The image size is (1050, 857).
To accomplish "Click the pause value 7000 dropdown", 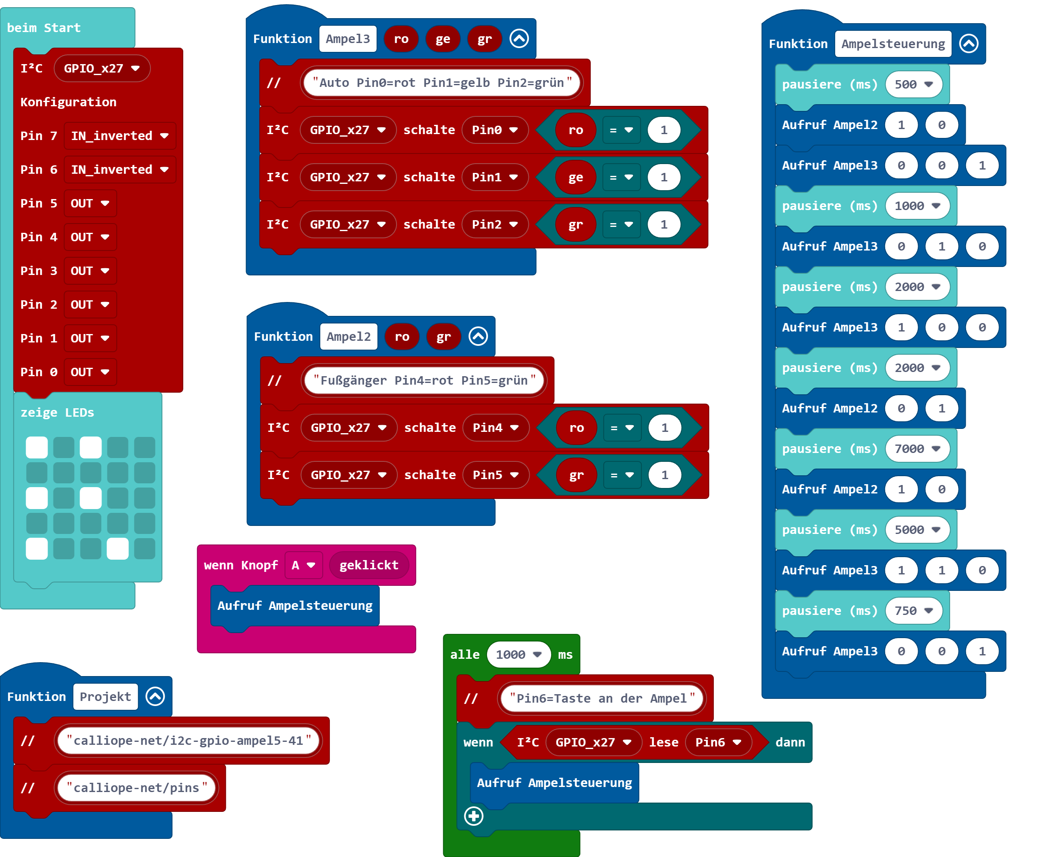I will (917, 449).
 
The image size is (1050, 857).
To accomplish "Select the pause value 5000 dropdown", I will (917, 530).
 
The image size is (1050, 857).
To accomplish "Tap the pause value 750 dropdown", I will (913, 611).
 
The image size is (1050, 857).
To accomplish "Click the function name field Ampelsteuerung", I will (893, 44).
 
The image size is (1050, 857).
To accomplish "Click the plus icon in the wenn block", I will (474, 816).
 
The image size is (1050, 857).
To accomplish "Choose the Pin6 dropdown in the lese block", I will (718, 742).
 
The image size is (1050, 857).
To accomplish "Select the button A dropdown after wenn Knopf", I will (303, 565).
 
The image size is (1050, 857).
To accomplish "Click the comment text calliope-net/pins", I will (137, 788).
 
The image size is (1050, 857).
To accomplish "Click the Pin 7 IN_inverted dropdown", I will (119, 136).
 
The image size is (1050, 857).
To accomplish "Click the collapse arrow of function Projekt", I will (155, 697).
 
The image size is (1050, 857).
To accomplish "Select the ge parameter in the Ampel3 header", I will (442, 39).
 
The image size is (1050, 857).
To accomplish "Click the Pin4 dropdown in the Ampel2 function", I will (495, 428).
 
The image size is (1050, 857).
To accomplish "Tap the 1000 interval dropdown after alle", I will (518, 655).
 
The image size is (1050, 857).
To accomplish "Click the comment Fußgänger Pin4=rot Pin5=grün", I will (423, 380).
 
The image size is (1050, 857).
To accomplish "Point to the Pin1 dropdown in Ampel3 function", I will (494, 177).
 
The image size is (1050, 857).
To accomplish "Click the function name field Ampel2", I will (348, 337).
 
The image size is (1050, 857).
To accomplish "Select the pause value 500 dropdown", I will (913, 84).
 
